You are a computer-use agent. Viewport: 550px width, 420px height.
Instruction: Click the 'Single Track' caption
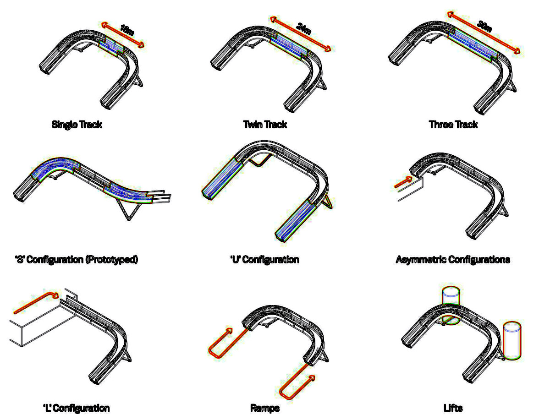77,124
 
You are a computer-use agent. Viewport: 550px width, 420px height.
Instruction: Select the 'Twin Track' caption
265,124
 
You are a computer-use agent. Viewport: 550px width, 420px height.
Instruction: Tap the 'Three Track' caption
453,124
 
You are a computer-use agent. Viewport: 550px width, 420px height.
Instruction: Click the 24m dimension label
304,28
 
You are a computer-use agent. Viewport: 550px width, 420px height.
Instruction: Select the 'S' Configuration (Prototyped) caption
77,260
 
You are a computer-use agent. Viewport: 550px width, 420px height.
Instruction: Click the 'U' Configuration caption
265,260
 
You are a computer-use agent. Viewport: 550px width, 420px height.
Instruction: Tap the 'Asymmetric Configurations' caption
453,260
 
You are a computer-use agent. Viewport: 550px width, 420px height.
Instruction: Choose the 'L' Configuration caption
77,408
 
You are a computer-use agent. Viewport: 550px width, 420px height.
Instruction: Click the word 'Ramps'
265,408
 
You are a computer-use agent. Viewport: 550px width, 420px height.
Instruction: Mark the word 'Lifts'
453,408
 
